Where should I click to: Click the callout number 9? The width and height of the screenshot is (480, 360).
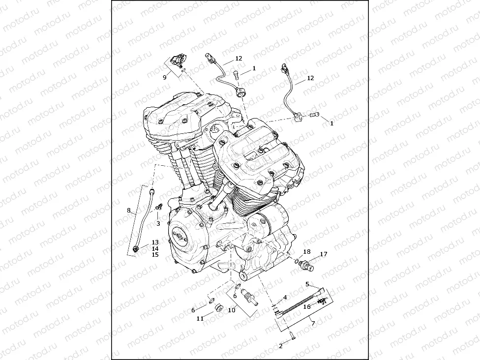(x=165, y=77)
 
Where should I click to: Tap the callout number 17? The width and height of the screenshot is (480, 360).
(x=323, y=254)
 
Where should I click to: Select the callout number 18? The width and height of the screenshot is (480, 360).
(x=306, y=251)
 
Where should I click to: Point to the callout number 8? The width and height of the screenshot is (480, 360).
(x=129, y=210)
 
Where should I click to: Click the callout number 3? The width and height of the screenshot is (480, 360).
(x=158, y=224)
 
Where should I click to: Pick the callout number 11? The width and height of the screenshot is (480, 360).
(x=200, y=319)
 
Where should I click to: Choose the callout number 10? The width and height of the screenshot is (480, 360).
(x=231, y=310)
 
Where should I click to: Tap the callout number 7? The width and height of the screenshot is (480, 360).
(x=313, y=323)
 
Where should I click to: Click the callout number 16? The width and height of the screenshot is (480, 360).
(x=306, y=306)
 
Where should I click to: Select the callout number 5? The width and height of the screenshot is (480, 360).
(x=307, y=284)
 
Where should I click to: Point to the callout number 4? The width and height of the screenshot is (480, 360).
(x=285, y=298)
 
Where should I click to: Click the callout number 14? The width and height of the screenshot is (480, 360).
(x=155, y=249)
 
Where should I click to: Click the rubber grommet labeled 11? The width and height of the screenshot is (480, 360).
(x=217, y=308)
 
